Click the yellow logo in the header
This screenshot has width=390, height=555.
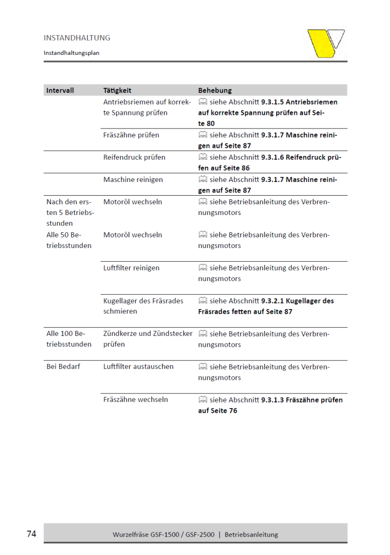point(326,43)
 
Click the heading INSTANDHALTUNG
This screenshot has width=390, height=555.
point(77,38)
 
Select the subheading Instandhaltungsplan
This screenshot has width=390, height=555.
point(71,52)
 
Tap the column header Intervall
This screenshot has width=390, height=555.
point(60,90)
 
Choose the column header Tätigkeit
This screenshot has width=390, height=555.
point(117,90)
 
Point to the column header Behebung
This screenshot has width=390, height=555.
point(215,90)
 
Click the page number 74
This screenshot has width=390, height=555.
point(31,534)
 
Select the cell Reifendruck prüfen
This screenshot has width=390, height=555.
point(134,157)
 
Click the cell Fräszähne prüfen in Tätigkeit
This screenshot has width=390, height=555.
point(131,135)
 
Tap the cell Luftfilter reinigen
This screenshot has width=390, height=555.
point(131,268)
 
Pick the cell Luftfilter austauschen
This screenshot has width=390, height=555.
point(138,366)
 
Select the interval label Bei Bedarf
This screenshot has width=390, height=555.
point(63,366)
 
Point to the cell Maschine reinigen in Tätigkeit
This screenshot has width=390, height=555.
point(133,179)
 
